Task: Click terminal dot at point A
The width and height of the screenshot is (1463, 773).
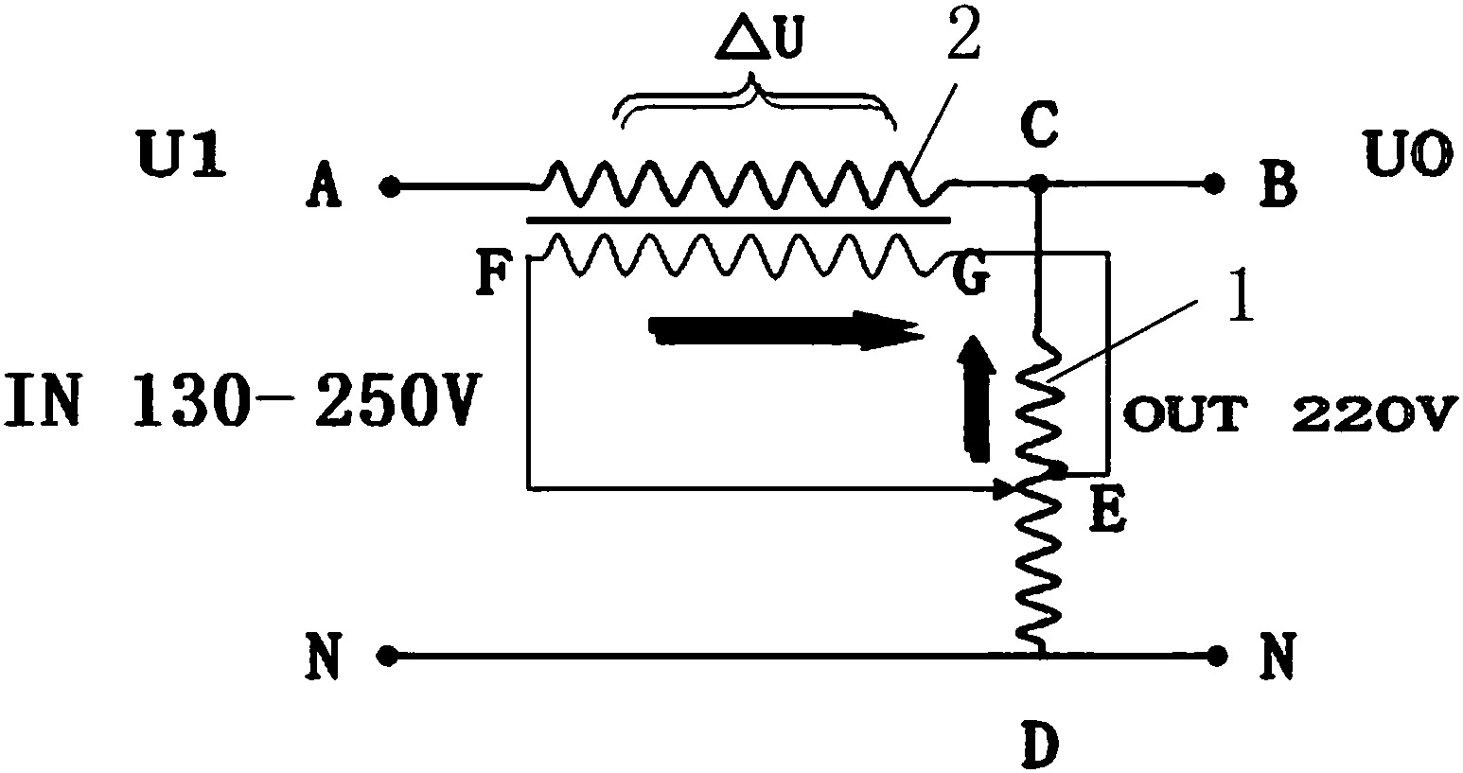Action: [x=390, y=187]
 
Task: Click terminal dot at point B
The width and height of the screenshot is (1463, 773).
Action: [x=1214, y=184]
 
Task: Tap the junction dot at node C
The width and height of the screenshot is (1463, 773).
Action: [x=1038, y=184]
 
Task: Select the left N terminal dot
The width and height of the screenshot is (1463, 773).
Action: [x=387, y=656]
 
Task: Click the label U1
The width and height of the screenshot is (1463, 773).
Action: [x=182, y=154]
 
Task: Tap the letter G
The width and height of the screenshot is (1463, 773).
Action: [x=970, y=275]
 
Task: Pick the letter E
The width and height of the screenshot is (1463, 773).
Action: [x=1108, y=511]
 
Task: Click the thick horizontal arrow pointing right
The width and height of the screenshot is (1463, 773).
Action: [x=785, y=330]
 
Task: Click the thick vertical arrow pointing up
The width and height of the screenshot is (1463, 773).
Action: [x=977, y=399]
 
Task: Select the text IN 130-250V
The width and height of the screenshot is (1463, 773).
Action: [x=243, y=399]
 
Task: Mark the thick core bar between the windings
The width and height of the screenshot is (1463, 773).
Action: [x=738, y=220]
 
